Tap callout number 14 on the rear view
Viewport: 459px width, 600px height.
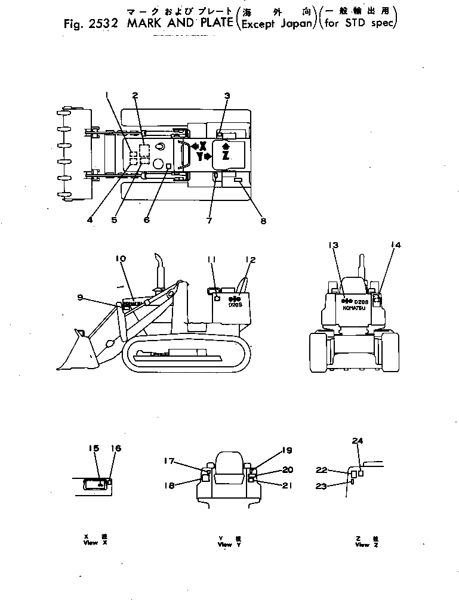(395, 245)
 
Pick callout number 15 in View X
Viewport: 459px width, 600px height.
(94, 448)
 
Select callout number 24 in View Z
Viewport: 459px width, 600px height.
(357, 441)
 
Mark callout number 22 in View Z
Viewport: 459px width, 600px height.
(338, 469)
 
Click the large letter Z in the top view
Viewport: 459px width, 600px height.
(226, 155)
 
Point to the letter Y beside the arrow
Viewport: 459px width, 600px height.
(199, 157)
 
